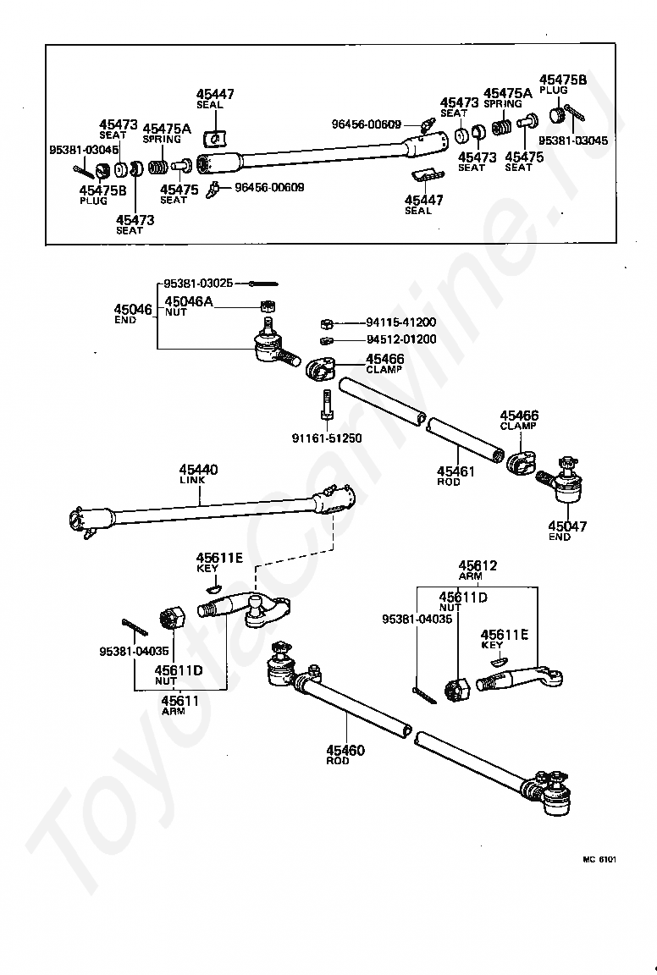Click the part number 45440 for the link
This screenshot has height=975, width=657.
(x=198, y=470)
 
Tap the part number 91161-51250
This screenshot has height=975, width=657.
(x=327, y=438)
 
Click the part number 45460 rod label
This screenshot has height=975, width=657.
(x=345, y=750)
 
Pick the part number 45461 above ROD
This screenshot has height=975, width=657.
(x=455, y=471)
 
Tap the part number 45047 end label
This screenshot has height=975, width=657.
(x=566, y=526)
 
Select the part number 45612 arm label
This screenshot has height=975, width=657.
(x=478, y=565)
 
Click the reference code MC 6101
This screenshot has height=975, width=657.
(x=598, y=859)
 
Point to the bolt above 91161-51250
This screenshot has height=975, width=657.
(x=326, y=406)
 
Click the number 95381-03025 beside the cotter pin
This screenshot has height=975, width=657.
(x=198, y=283)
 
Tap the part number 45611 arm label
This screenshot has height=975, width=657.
(x=180, y=700)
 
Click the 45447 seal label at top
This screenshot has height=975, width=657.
(x=215, y=94)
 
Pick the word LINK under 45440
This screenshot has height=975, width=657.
(x=192, y=480)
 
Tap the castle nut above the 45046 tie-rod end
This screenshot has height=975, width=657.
(x=268, y=306)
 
